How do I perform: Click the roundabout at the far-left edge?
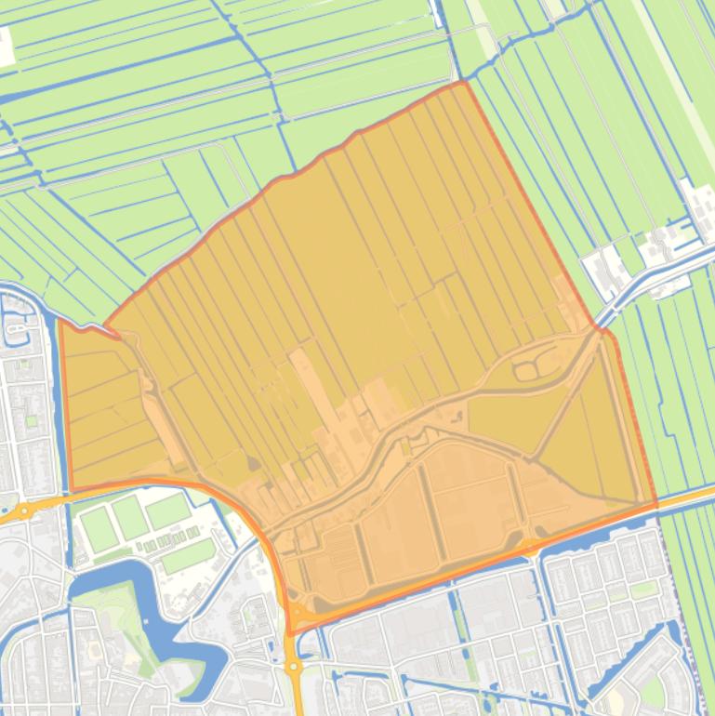(21, 510)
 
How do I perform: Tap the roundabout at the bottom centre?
(294, 666)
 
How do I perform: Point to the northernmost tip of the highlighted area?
(464, 82)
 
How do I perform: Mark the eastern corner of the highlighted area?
(656, 505)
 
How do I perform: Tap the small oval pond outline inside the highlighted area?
(525, 371)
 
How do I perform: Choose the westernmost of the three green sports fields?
(99, 527)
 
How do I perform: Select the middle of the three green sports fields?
(132, 517)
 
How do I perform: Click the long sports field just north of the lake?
(188, 555)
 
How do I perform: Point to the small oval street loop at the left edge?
(17, 326)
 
